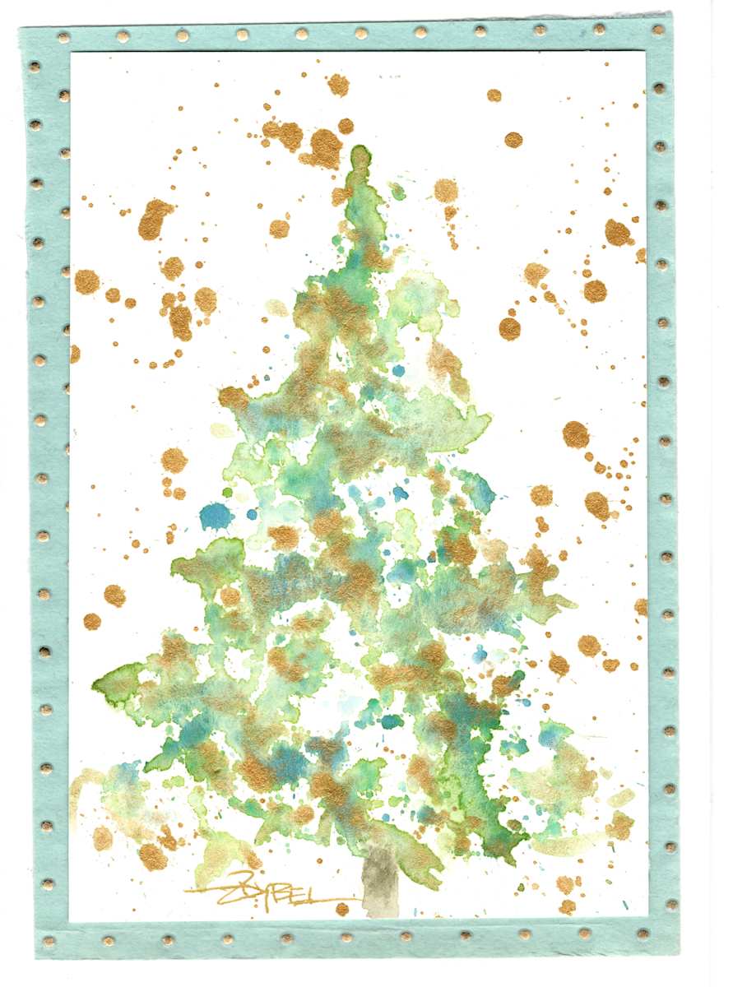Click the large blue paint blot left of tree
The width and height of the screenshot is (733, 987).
[x=216, y=516]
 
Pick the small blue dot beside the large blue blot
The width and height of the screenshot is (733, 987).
[x=252, y=513]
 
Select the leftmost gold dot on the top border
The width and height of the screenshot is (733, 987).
[x=63, y=37]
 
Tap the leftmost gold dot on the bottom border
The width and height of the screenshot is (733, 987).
[x=48, y=940]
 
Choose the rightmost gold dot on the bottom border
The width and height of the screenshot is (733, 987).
[x=643, y=933]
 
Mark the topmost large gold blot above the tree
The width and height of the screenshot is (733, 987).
[x=337, y=84]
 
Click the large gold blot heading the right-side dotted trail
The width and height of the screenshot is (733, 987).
[x=576, y=433]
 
